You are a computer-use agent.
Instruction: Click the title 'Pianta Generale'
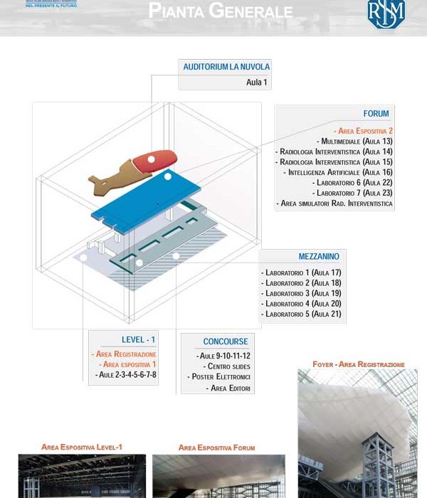tap(220, 11)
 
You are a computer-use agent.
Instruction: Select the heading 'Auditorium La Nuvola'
tap(226, 68)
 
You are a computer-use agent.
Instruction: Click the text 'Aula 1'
tap(256, 83)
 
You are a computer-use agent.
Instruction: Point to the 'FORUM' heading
tap(376, 113)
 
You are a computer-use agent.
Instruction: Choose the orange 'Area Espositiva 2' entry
tap(365, 131)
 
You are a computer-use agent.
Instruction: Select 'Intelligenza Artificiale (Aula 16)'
tap(339, 172)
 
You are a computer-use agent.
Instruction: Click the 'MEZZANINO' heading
tap(319, 256)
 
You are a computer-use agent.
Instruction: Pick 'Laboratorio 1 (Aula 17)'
tap(302, 273)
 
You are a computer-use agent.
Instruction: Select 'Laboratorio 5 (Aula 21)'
tap(302, 314)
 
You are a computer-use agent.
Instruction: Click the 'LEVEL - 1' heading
tap(138, 340)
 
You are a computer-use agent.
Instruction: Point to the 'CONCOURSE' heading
tap(226, 341)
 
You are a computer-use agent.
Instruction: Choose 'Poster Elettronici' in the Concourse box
tap(220, 376)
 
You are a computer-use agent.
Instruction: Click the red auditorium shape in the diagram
tap(152, 162)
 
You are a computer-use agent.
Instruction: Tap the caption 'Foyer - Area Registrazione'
tap(358, 364)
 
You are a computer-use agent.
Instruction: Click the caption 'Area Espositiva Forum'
tap(216, 447)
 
